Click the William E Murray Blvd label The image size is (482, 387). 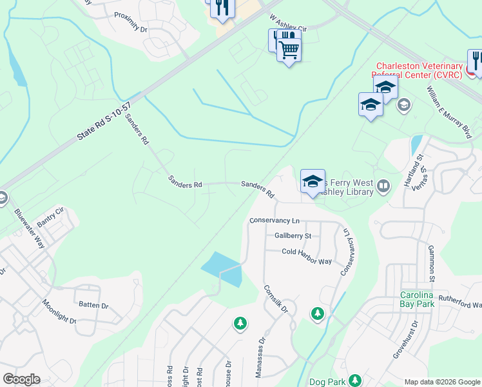click(448, 114)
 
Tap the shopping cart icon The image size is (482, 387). click(289, 49)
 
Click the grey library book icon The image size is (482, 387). click(383, 187)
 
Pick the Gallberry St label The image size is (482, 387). click(293, 235)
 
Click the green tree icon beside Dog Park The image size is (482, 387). click(354, 380)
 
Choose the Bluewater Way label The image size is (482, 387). click(30, 228)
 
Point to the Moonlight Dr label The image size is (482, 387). click(59, 312)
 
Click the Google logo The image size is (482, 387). click(21, 379)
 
